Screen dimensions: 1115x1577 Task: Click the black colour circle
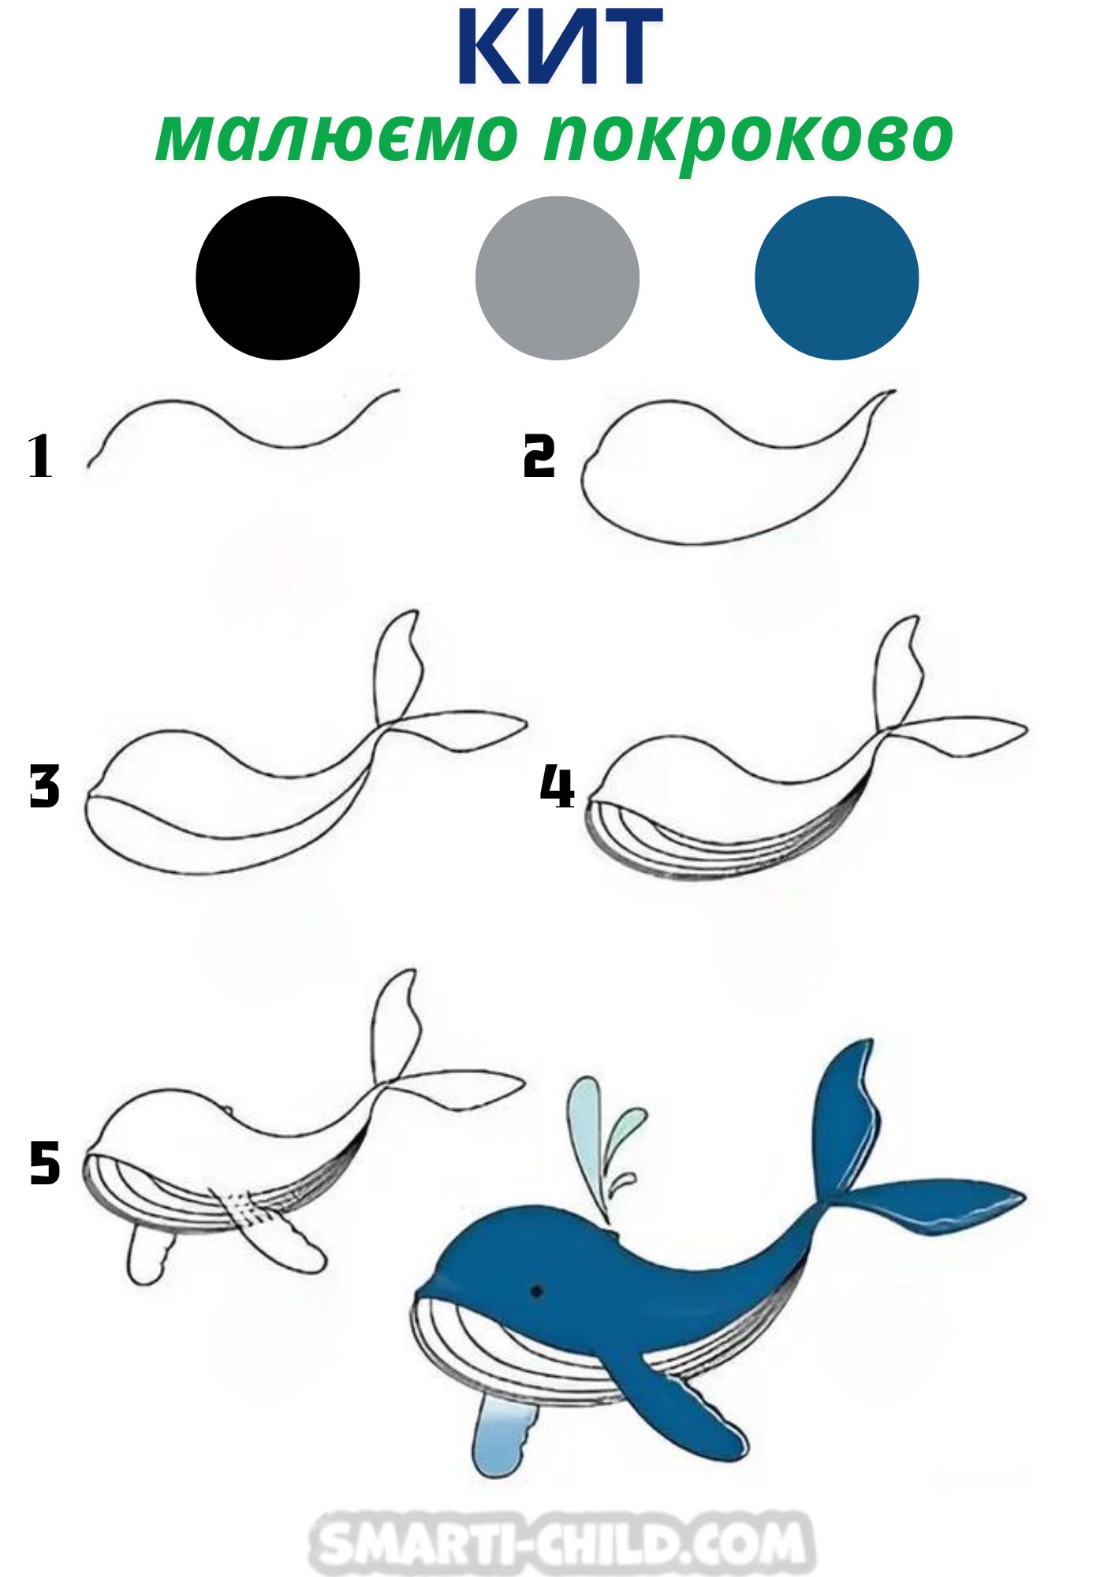click(278, 278)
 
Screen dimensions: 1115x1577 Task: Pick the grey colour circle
click(557, 278)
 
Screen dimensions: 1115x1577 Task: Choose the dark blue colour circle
click(837, 278)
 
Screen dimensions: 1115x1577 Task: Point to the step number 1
click(40, 457)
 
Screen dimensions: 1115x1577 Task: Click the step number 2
click(539, 457)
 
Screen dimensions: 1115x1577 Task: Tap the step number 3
click(44, 786)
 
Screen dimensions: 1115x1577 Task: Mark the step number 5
click(44, 1165)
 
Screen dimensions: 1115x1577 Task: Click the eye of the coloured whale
click(537, 1291)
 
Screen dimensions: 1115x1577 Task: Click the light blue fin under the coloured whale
click(505, 1439)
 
